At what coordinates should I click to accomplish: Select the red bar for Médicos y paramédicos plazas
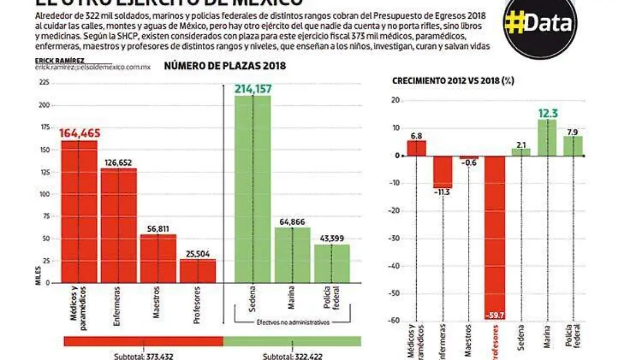point(79,211)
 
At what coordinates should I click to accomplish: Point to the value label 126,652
point(118,162)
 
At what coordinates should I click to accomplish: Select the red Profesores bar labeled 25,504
point(197,271)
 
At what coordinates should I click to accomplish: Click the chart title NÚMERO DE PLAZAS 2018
point(225,66)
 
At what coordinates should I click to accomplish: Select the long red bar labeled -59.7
point(495,235)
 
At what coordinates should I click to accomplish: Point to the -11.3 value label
point(442,192)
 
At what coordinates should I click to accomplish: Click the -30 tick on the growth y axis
point(396,239)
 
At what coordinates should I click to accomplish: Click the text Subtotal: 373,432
point(143,356)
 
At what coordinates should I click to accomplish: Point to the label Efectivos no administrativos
point(292,322)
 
